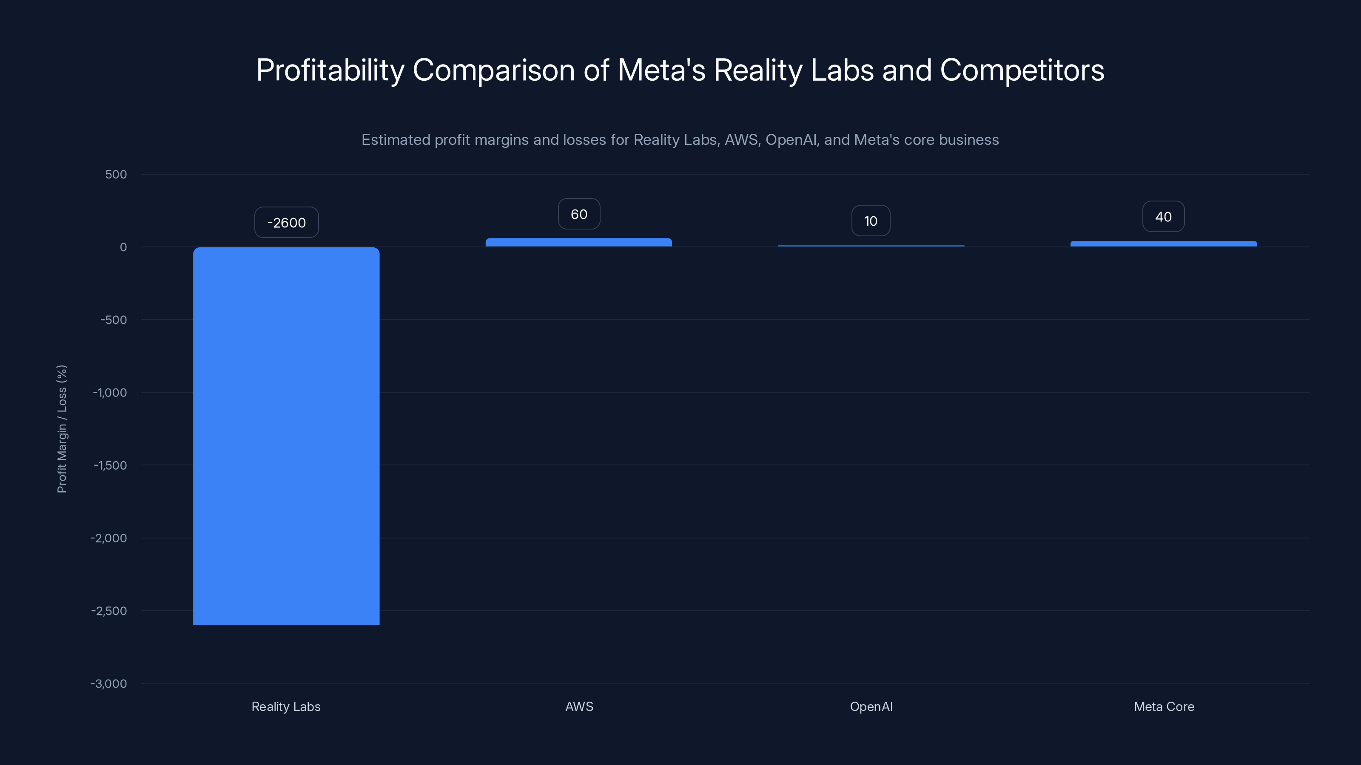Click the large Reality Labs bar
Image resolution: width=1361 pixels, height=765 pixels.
[286, 436]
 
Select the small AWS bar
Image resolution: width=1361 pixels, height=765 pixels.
[578, 242]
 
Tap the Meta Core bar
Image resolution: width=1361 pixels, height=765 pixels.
[1163, 244]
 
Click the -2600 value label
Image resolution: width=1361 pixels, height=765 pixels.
[286, 222]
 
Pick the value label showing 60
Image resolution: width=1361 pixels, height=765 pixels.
[579, 214]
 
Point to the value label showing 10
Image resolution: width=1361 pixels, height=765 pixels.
[871, 221]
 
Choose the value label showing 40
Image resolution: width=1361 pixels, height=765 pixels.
[1163, 216]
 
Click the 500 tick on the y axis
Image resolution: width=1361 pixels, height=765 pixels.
[116, 174]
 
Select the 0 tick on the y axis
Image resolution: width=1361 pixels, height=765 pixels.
[123, 247]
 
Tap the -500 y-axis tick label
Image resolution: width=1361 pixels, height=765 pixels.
[114, 320]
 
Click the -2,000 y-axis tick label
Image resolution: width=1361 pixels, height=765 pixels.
[109, 538]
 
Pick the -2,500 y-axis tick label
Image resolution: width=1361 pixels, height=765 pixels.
[109, 611]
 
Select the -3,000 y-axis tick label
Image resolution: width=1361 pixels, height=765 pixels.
[109, 684]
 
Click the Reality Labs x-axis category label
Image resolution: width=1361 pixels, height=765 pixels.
[286, 706]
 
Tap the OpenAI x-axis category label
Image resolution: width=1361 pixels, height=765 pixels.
[871, 706]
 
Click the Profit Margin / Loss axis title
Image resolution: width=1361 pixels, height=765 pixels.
[62, 429]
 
